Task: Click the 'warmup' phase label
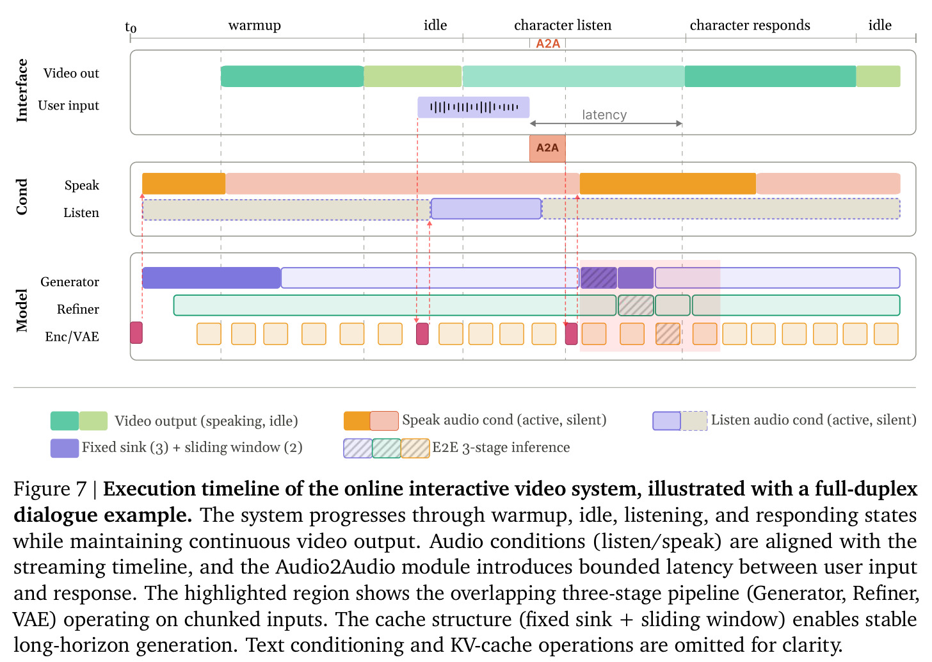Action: pos(254,26)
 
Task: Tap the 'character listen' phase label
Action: pos(563,25)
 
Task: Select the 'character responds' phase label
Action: pos(750,26)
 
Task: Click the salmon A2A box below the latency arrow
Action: pos(547,148)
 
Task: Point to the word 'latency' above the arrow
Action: pos(604,115)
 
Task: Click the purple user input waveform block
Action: pos(474,108)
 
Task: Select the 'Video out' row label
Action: pos(71,73)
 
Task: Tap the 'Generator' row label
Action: pos(70,282)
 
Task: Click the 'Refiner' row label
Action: pos(78,309)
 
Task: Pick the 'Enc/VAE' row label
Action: pos(72,336)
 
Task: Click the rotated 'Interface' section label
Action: pos(21,91)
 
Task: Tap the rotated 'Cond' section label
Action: pos(21,197)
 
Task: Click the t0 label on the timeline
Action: pos(131,27)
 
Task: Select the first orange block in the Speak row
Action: pos(184,184)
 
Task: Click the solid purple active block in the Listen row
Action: pos(486,209)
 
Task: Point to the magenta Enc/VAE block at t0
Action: pos(136,332)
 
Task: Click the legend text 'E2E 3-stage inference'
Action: pos(501,448)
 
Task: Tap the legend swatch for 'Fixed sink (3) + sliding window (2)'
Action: pos(65,448)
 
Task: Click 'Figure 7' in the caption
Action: pos(50,489)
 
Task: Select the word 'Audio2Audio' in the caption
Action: pos(335,567)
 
